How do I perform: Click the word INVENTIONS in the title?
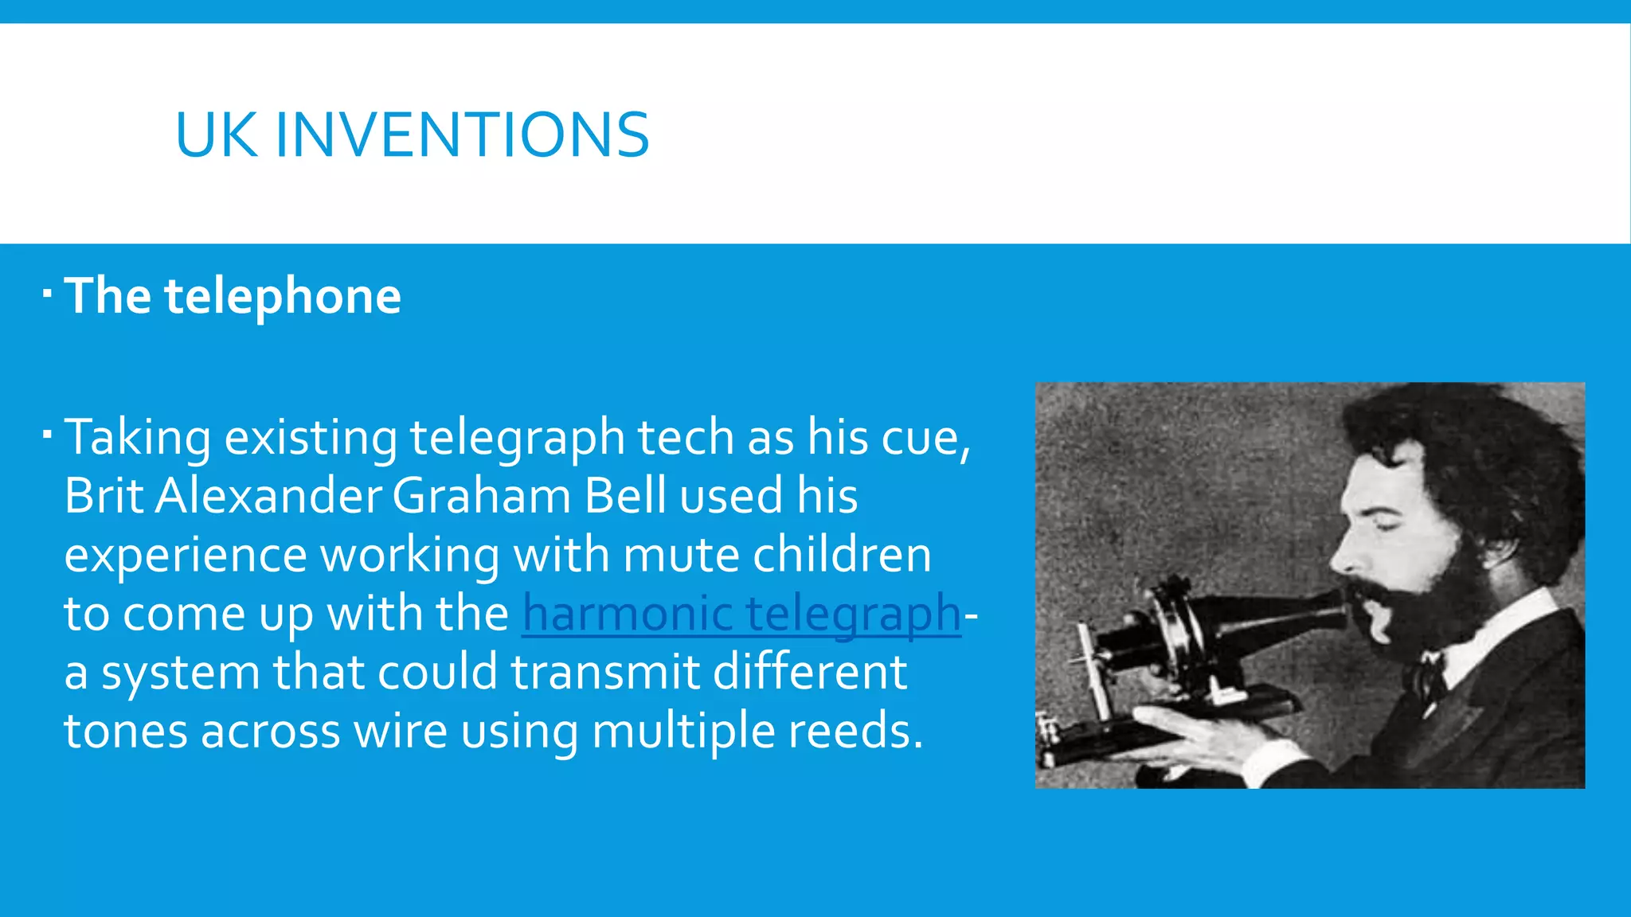click(x=462, y=135)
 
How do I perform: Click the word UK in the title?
click(x=216, y=135)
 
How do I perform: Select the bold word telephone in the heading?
click(x=283, y=296)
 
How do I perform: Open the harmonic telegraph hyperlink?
click(x=741, y=615)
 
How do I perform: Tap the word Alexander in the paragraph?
click(x=268, y=496)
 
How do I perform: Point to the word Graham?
click(x=481, y=496)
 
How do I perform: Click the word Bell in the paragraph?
click(x=625, y=496)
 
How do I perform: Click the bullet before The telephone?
click(x=48, y=295)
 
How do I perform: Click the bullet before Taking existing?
click(x=48, y=435)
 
